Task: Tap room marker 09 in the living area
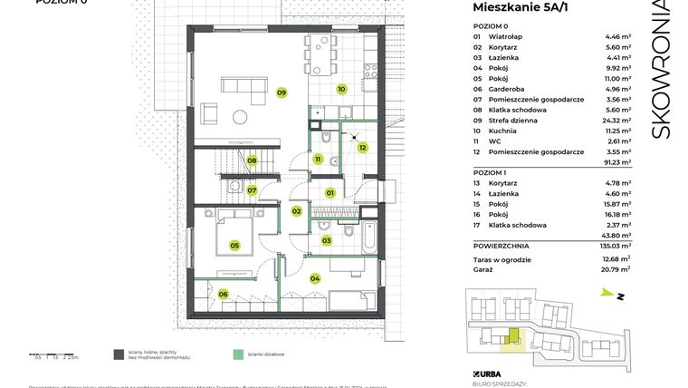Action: (282, 92)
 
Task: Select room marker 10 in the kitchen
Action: (341, 89)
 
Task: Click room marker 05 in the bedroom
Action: (234, 245)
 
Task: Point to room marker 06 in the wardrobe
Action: (223, 293)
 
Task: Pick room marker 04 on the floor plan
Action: (315, 278)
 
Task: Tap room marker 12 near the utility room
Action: (361, 147)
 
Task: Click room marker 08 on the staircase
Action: (253, 161)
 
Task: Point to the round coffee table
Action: (241, 115)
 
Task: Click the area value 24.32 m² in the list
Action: (617, 120)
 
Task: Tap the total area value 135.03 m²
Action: (616, 245)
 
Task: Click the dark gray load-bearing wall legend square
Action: (119, 354)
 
